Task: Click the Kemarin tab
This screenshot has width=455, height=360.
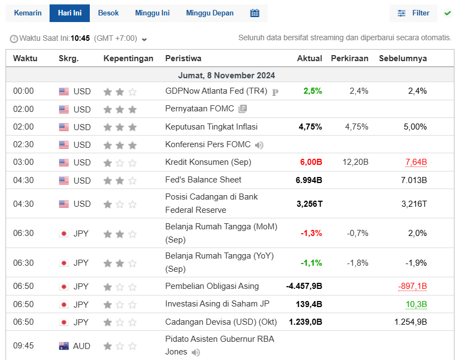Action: click(28, 13)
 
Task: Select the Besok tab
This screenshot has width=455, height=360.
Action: click(108, 13)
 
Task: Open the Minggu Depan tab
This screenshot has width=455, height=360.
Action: click(209, 13)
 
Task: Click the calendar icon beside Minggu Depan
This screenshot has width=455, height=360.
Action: click(254, 13)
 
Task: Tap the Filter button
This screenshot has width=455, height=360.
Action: click(413, 13)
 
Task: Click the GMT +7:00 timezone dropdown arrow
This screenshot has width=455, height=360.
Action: click(144, 39)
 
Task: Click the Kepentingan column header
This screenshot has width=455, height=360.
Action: click(128, 58)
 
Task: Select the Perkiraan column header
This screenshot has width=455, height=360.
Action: click(349, 58)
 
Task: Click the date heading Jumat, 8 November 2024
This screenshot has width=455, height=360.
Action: click(226, 76)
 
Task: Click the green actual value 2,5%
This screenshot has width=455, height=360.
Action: click(312, 91)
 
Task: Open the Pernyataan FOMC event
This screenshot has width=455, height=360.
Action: click(199, 109)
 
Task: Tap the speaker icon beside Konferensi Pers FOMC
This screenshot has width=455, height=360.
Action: click(259, 145)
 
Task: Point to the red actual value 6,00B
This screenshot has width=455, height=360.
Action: click(311, 162)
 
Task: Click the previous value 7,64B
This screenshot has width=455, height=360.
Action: click(416, 162)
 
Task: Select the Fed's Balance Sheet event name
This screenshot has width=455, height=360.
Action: click(203, 180)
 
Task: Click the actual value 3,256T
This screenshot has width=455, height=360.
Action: click(310, 203)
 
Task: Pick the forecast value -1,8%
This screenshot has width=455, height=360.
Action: click(357, 262)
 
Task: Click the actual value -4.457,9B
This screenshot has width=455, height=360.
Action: click(304, 286)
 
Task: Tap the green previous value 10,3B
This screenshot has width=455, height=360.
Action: click(416, 304)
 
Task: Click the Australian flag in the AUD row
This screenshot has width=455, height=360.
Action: click(64, 346)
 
